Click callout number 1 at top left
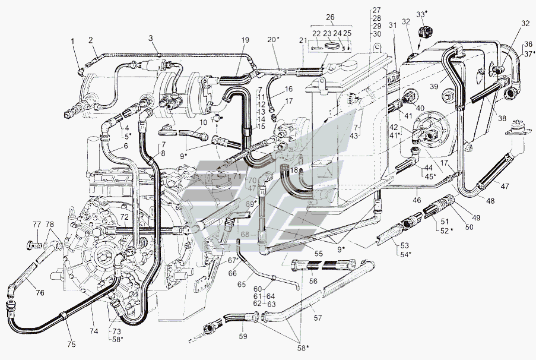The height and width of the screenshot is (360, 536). (72, 41)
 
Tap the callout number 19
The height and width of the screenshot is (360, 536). (245, 40)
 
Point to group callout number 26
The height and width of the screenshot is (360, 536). (330, 17)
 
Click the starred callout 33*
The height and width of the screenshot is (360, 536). (422, 14)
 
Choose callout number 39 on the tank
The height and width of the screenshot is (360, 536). (434, 87)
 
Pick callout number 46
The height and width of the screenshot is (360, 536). (417, 200)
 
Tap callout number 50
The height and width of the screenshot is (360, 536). (470, 226)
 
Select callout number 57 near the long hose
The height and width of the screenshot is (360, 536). (318, 318)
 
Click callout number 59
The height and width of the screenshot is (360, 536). (243, 336)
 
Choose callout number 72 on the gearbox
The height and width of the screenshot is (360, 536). (125, 217)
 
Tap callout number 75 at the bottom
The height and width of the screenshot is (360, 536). (71, 345)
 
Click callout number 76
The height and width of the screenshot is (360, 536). (40, 293)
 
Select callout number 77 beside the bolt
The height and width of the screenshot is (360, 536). (37, 225)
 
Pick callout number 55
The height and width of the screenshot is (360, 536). (319, 254)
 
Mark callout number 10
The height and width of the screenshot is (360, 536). (204, 122)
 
